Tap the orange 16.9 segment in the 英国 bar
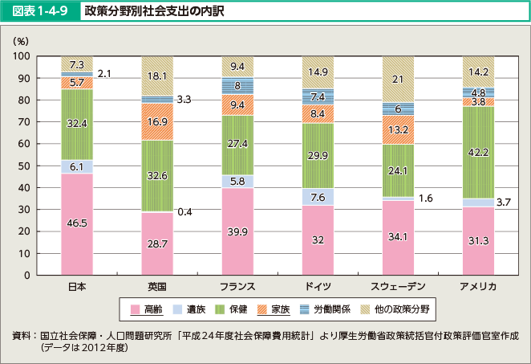pyautogui.click(x=157, y=122)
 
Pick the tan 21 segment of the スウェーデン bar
pyautogui.click(x=398, y=79)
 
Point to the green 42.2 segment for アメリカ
pyautogui.click(x=478, y=152)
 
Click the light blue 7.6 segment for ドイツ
pyautogui.click(x=318, y=197)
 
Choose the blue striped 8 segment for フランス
pyautogui.click(x=237, y=86)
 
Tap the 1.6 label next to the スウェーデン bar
pyautogui.click(x=425, y=198)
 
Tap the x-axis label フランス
pyautogui.click(x=237, y=287)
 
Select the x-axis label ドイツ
pyautogui.click(x=318, y=287)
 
